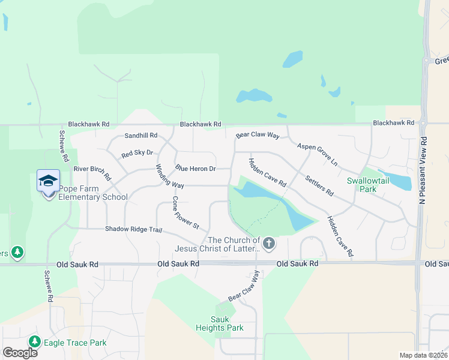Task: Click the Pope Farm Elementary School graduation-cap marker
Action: click(48, 181)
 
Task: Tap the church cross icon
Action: click(269, 244)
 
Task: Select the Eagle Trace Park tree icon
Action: click(34, 342)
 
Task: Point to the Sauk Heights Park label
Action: click(220, 323)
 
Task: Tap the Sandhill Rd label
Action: click(140, 136)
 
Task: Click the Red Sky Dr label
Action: click(137, 154)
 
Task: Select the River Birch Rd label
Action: click(92, 173)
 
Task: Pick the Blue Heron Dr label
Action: click(195, 169)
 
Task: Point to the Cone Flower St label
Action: click(185, 212)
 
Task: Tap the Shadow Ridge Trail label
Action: click(134, 229)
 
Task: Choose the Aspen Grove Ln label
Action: click(318, 155)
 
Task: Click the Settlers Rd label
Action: click(319, 185)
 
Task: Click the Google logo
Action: click(20, 352)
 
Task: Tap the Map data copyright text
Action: click(423, 355)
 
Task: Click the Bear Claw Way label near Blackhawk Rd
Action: click(258, 136)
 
